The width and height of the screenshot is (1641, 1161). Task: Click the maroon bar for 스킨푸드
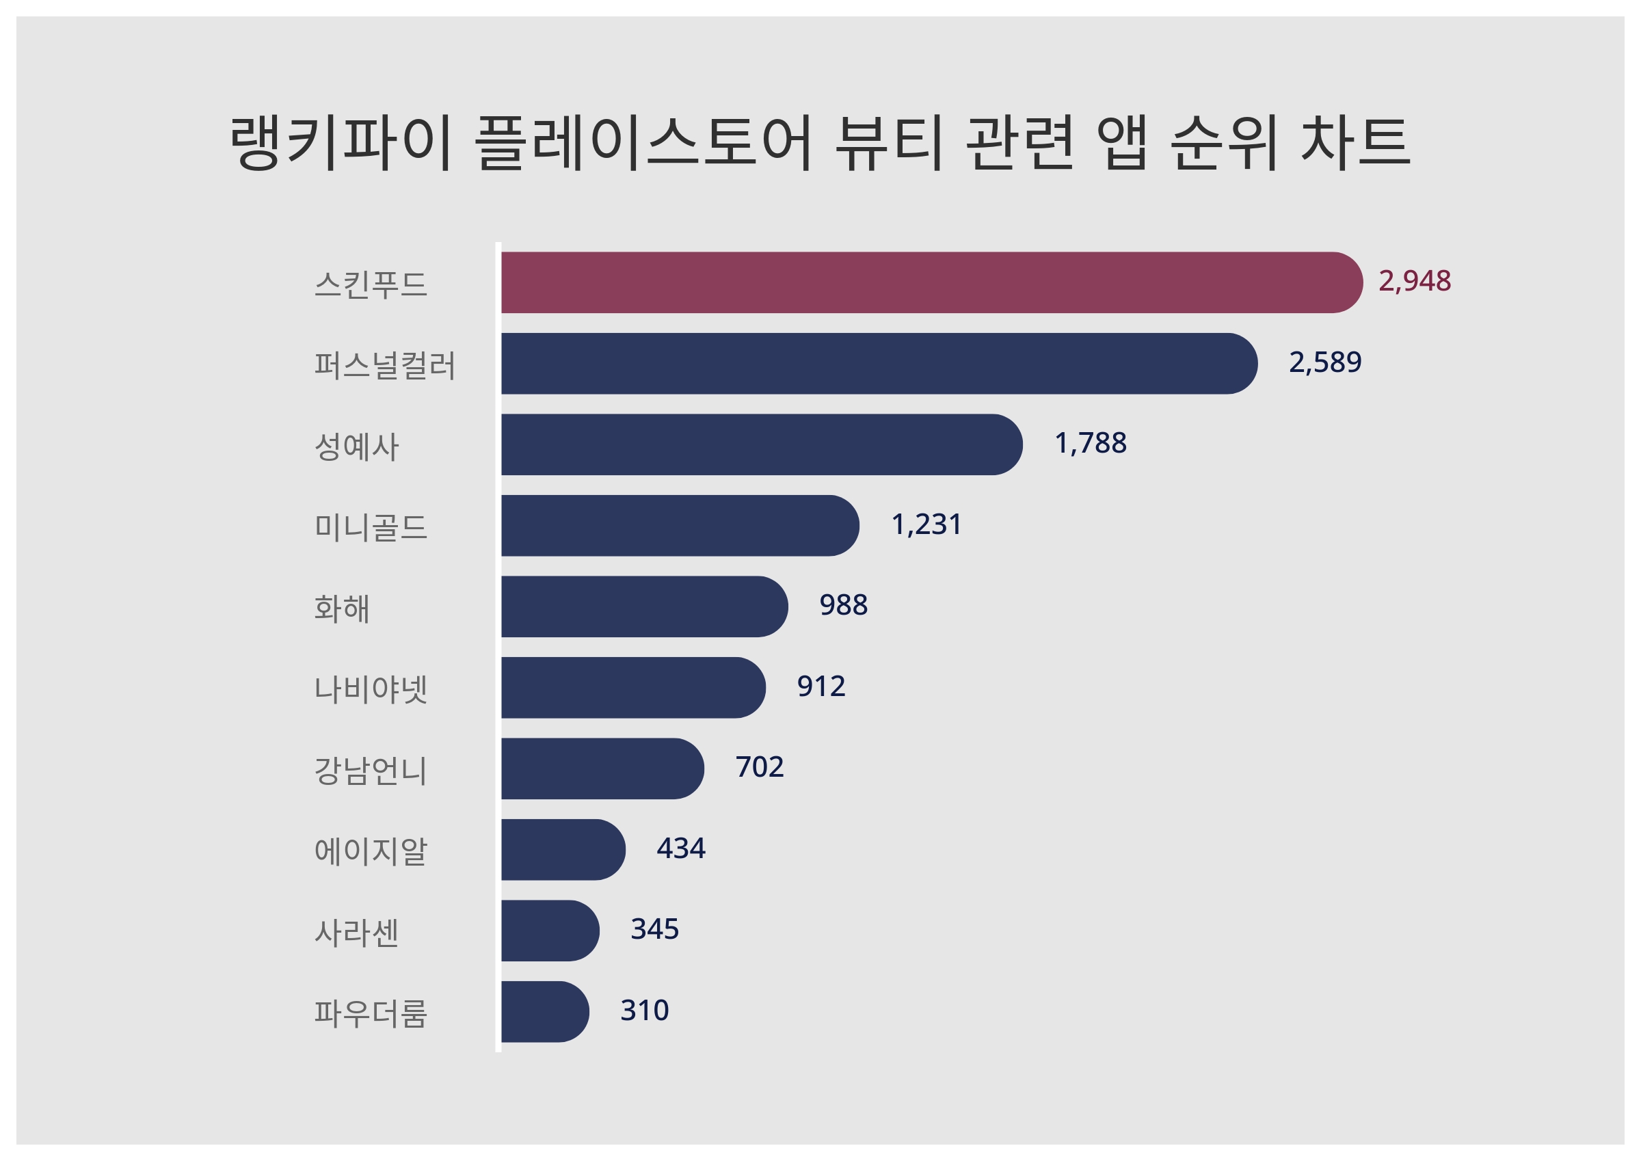[x=929, y=282]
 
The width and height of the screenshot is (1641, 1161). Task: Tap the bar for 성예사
[x=760, y=444]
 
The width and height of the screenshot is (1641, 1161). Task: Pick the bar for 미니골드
[x=679, y=525]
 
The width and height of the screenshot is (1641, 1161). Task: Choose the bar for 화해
[x=643, y=606]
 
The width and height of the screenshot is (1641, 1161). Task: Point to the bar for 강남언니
[x=602, y=769]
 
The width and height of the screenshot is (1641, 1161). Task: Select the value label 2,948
[x=1415, y=281]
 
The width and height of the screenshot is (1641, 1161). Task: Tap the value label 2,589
[x=1325, y=362]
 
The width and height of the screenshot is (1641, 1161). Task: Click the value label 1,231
[x=926, y=524]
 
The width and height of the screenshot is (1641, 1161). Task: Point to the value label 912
[x=821, y=686]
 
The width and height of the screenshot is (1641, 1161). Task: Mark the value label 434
[x=680, y=849]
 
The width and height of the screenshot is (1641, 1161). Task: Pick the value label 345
[x=654, y=929]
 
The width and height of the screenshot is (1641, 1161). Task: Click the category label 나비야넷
[x=370, y=689]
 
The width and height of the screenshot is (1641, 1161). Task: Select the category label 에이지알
[x=370, y=851]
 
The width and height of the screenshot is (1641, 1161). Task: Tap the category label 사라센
[x=356, y=933]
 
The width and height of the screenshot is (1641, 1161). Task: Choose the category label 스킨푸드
[x=370, y=284]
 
